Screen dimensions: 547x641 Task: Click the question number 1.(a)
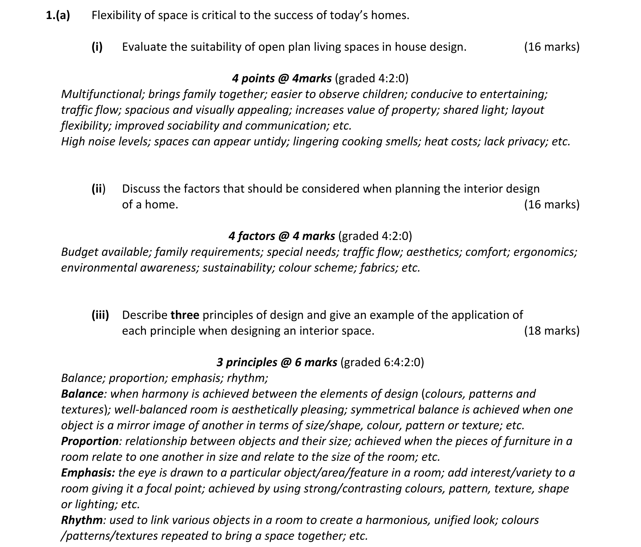click(x=58, y=16)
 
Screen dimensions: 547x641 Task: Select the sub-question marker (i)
click(x=97, y=47)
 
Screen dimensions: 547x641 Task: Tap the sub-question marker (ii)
click(x=98, y=189)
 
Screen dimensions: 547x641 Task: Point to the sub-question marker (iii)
click(x=100, y=315)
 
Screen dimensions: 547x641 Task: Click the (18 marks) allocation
click(x=551, y=331)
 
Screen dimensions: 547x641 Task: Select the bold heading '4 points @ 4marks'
click(x=282, y=78)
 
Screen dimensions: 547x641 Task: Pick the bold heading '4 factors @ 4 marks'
click(x=282, y=236)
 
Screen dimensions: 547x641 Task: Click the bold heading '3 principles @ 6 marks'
click(x=277, y=362)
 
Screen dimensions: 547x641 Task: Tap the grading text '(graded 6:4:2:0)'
click(x=382, y=362)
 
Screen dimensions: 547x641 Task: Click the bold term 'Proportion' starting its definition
click(x=90, y=441)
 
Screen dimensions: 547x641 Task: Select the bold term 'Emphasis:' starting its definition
click(x=88, y=473)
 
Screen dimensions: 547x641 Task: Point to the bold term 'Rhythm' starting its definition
click(x=82, y=520)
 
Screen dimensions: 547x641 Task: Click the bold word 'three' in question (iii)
click(x=185, y=315)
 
